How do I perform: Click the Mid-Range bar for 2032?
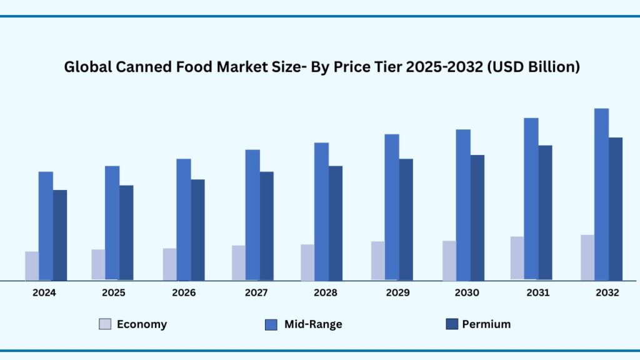pyautogui.click(x=601, y=194)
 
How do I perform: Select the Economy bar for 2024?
pyautogui.click(x=32, y=266)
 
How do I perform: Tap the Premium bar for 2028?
pyautogui.click(x=336, y=223)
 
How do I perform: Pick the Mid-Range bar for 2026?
pyautogui.click(x=183, y=219)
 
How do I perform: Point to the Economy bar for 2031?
pyautogui.click(x=517, y=257)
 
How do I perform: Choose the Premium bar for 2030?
pyautogui.click(x=477, y=217)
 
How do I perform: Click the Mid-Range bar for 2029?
pyautogui.click(x=392, y=207)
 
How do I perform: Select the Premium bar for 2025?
pyautogui.click(x=126, y=232)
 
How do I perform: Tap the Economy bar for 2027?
pyautogui.click(x=239, y=262)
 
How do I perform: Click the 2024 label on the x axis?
pyautogui.click(x=44, y=292)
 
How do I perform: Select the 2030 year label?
pyautogui.click(x=467, y=292)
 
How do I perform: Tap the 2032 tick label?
pyautogui.click(x=607, y=292)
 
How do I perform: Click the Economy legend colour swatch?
pyautogui.click(x=105, y=324)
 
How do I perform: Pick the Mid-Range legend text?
pyautogui.click(x=313, y=324)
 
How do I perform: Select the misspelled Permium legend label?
pyautogui.click(x=486, y=324)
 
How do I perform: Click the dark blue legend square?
pyautogui.click(x=451, y=324)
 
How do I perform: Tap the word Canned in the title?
pyautogui.click(x=141, y=67)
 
